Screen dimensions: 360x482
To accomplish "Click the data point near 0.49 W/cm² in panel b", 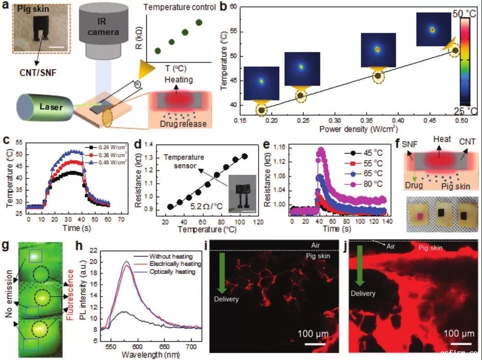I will [455, 50].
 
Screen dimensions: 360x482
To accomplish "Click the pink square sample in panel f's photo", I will [418, 215].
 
